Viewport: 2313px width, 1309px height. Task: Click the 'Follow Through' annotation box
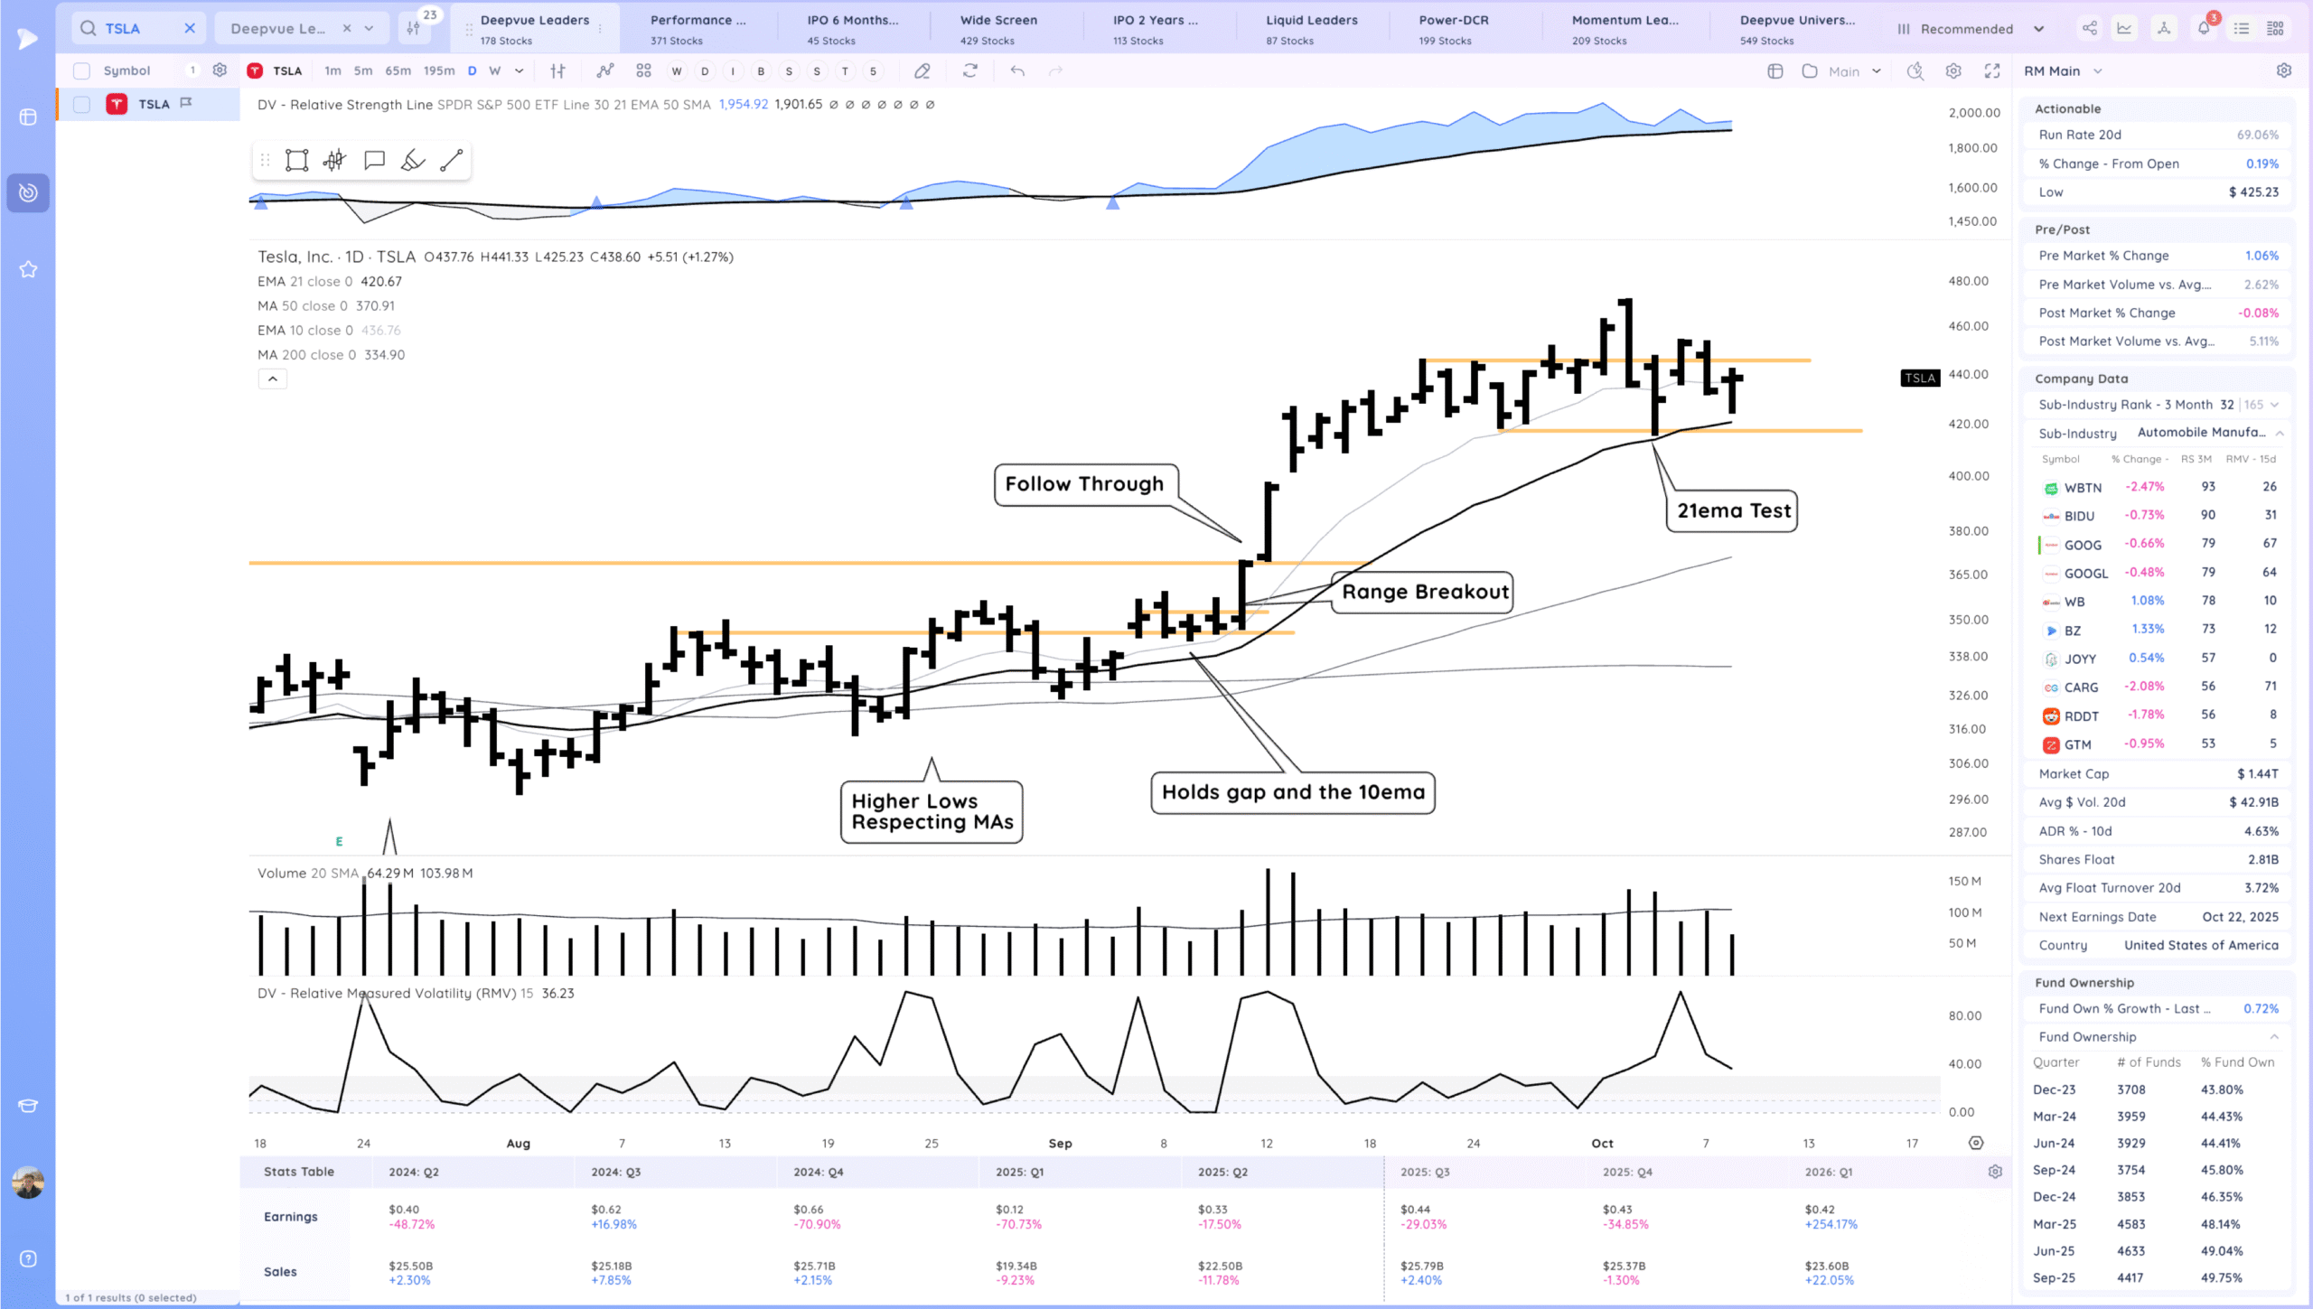tap(1085, 484)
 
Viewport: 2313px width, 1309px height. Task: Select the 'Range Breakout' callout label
tap(1424, 592)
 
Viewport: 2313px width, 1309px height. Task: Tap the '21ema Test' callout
tap(1733, 510)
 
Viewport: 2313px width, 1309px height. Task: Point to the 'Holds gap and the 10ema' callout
tap(1293, 792)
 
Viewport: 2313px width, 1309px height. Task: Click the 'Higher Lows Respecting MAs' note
tap(932, 811)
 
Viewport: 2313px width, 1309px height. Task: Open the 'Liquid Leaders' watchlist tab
tap(1311, 29)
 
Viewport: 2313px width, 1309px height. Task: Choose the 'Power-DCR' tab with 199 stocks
tap(1453, 29)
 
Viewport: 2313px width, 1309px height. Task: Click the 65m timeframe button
tap(398, 70)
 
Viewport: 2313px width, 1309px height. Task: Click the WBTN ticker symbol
tap(2083, 487)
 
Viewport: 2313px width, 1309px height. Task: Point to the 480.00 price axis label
tap(1968, 281)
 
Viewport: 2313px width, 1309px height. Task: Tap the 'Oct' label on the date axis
tap(1602, 1143)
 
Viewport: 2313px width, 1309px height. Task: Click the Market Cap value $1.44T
tap(2257, 773)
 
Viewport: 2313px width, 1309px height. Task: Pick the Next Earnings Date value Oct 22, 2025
tap(2240, 916)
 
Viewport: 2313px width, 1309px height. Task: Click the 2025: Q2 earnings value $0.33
tap(1213, 1209)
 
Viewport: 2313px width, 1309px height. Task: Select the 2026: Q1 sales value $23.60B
tap(1826, 1266)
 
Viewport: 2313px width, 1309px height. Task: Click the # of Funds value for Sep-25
tap(2130, 1277)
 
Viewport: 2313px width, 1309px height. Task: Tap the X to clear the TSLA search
tap(190, 28)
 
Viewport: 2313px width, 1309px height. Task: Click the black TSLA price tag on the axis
tap(1919, 378)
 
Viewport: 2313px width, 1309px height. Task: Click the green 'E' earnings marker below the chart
tap(339, 841)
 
